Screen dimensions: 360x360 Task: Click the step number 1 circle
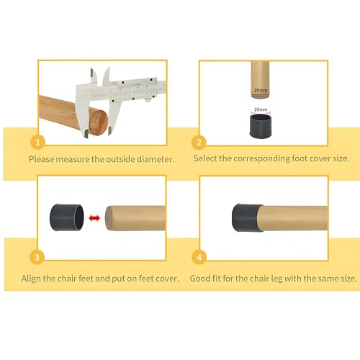tap(37, 143)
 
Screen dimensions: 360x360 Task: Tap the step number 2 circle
tap(199, 143)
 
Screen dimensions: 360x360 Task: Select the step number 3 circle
tap(37, 257)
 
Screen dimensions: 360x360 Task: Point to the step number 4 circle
tap(199, 257)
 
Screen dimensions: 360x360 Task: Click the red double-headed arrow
tap(94, 218)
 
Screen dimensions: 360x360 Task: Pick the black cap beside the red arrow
tap(67, 217)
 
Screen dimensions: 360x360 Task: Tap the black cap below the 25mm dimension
tap(260, 126)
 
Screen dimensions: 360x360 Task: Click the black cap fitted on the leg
tap(247, 217)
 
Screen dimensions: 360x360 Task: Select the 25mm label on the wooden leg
tap(261, 90)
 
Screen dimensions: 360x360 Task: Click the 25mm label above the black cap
tap(261, 109)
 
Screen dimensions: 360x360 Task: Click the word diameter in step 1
tap(155, 159)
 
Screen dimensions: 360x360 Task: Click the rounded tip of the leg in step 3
tap(107, 218)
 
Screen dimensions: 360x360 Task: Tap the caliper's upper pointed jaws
tap(99, 76)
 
